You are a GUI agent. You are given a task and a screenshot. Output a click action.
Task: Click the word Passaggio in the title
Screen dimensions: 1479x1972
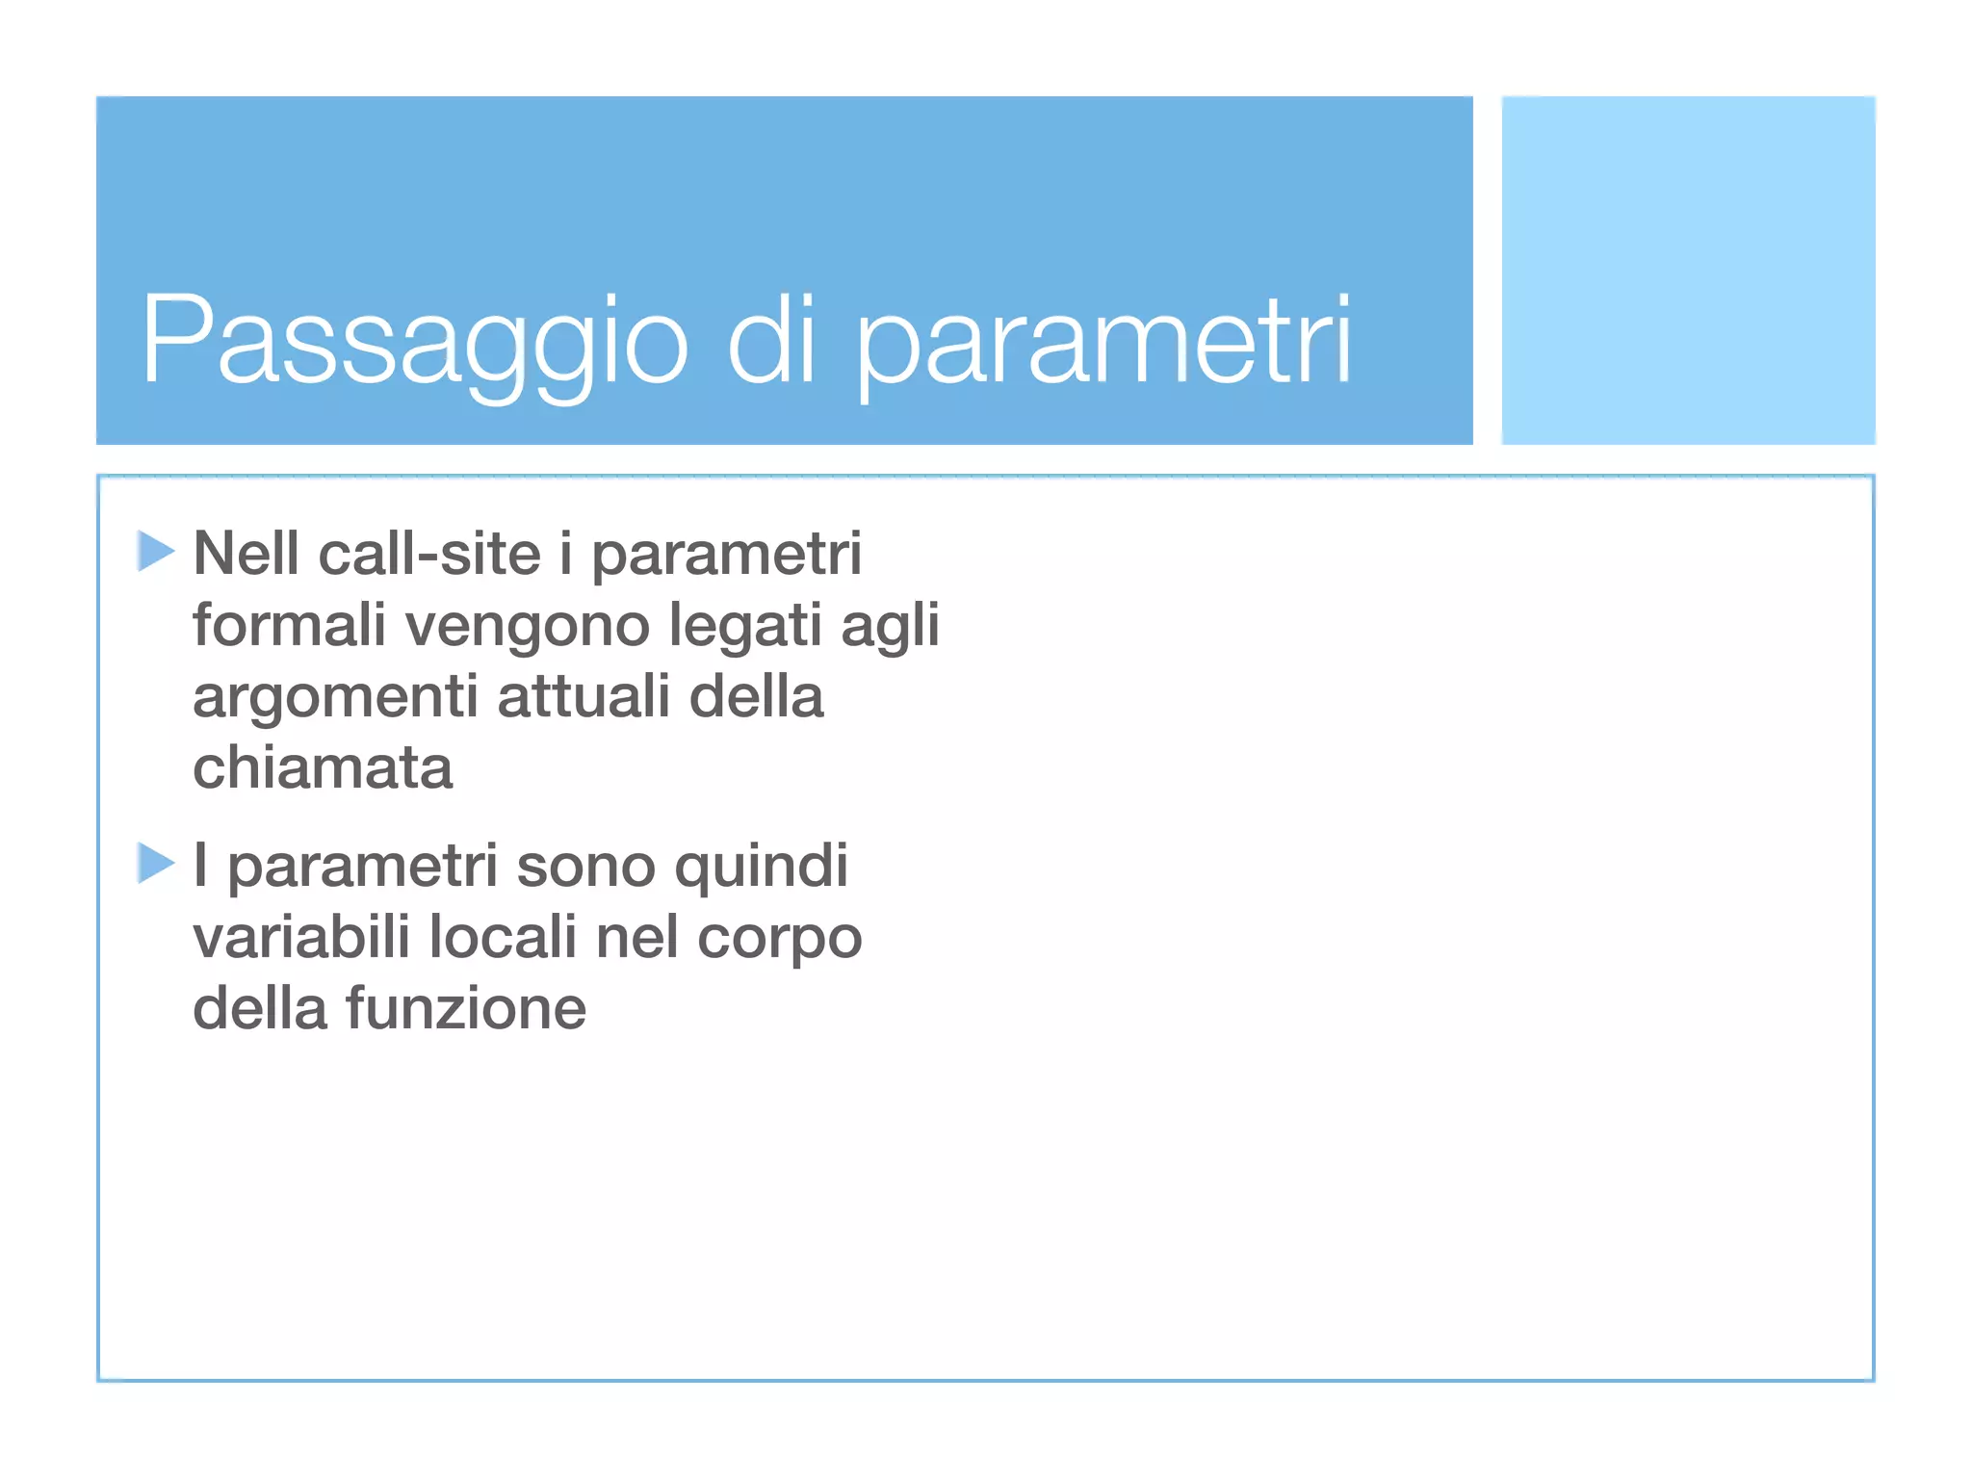click(414, 342)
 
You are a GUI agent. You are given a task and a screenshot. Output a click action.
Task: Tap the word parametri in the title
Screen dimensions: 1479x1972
click(1103, 342)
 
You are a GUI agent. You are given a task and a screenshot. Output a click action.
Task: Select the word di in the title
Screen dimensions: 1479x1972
click(771, 342)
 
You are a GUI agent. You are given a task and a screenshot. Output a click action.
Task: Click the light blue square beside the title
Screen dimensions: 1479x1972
click(1688, 271)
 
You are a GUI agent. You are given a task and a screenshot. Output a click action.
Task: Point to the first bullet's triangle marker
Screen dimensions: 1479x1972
click(155, 551)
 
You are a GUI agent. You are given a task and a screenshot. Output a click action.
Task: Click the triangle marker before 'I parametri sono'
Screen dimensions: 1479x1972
click(155, 863)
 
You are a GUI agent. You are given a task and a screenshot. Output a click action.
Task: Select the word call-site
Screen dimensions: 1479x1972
click(429, 555)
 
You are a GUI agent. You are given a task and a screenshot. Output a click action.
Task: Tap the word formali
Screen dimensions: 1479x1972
click(289, 625)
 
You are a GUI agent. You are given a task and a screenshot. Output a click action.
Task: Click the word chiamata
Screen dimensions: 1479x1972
click(323, 768)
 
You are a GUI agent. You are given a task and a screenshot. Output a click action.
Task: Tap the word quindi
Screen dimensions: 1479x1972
click(761, 867)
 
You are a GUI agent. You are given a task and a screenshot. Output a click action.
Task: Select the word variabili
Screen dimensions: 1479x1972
click(301, 937)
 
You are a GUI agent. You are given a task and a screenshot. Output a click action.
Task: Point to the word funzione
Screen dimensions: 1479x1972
click(466, 1008)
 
